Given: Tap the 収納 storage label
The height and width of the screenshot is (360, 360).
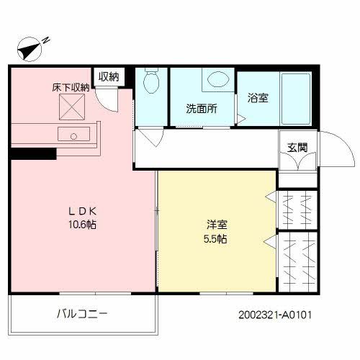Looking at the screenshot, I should click(x=109, y=76).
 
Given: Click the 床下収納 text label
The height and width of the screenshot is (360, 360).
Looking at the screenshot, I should click(x=70, y=88).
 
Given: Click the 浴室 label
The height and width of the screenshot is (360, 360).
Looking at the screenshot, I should click(x=258, y=98).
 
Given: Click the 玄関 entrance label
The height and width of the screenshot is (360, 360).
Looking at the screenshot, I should click(x=297, y=148).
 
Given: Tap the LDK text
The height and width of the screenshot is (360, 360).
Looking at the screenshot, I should click(x=82, y=211).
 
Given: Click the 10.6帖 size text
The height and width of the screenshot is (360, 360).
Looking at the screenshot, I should click(x=82, y=225).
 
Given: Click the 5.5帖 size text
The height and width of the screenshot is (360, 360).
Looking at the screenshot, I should click(x=216, y=238).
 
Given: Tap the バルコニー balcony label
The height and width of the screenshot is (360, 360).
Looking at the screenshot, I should click(x=82, y=315).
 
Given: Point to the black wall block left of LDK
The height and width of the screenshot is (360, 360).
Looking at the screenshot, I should click(x=32, y=153).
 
